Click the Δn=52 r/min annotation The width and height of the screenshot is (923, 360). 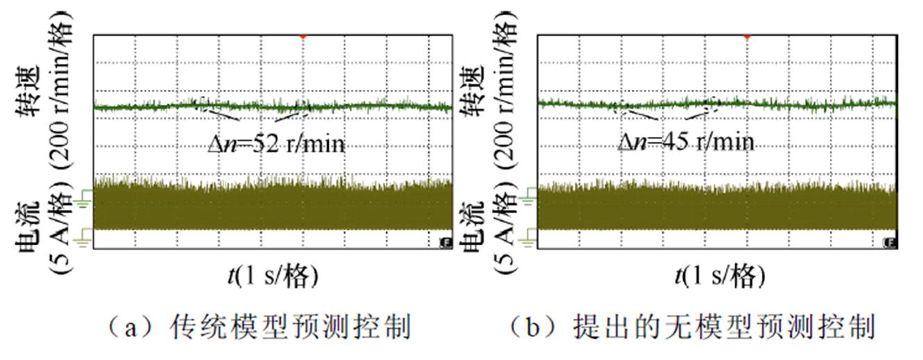[x=277, y=144]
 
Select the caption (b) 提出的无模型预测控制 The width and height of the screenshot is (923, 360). [x=689, y=327]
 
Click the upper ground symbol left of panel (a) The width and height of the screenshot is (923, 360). [x=85, y=200]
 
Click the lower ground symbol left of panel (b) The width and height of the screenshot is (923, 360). [x=528, y=238]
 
